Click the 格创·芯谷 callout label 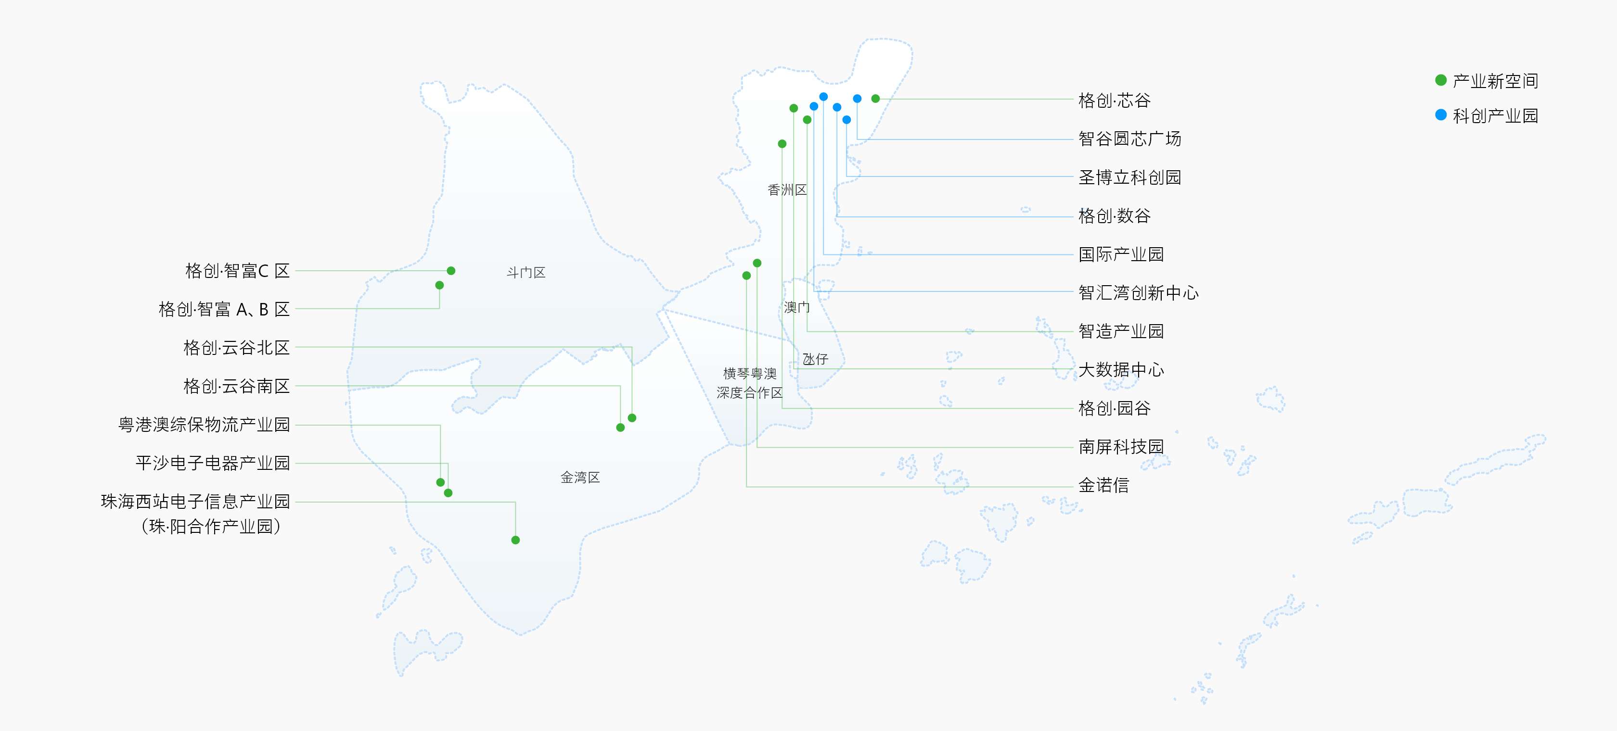click(x=1114, y=101)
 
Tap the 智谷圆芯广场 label click(x=1130, y=139)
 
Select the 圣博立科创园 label click(x=1130, y=177)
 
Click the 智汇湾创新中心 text click(x=1139, y=292)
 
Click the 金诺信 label click(x=1104, y=485)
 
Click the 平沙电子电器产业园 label click(x=213, y=463)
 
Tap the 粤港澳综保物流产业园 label click(x=204, y=425)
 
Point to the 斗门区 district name click(x=526, y=272)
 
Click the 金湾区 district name click(x=580, y=478)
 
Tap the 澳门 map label click(x=796, y=307)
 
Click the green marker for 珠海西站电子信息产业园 click(x=515, y=540)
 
